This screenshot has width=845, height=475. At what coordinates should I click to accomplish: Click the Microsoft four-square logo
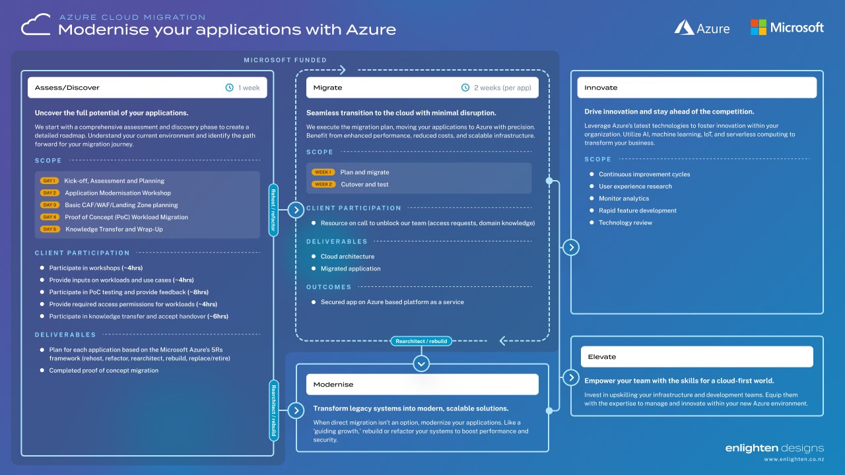(759, 27)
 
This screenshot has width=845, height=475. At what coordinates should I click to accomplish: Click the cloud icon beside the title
(37, 26)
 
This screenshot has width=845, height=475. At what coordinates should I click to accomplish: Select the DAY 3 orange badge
(50, 205)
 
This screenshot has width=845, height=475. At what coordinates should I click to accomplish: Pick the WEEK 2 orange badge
(323, 185)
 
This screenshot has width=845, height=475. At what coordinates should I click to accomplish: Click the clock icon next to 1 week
(230, 88)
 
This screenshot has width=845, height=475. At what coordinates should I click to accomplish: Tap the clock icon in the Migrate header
(465, 88)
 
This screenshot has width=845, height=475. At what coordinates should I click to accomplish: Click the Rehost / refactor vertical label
(273, 210)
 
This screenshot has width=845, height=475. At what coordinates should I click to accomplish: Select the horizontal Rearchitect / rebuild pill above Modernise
(421, 341)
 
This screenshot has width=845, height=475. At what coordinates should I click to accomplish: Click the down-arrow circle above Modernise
(421, 363)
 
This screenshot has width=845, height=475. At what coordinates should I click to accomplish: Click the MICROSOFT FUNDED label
(285, 60)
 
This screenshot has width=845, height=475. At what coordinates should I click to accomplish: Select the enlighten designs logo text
(774, 449)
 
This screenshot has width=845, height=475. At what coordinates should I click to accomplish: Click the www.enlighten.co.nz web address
(794, 460)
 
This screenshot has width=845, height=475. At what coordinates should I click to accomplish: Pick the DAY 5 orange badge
(50, 229)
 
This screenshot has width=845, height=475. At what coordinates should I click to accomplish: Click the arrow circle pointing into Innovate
(571, 247)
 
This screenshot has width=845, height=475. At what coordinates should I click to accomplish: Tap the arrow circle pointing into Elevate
(571, 377)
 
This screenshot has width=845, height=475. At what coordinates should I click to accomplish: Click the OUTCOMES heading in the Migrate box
(329, 287)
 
